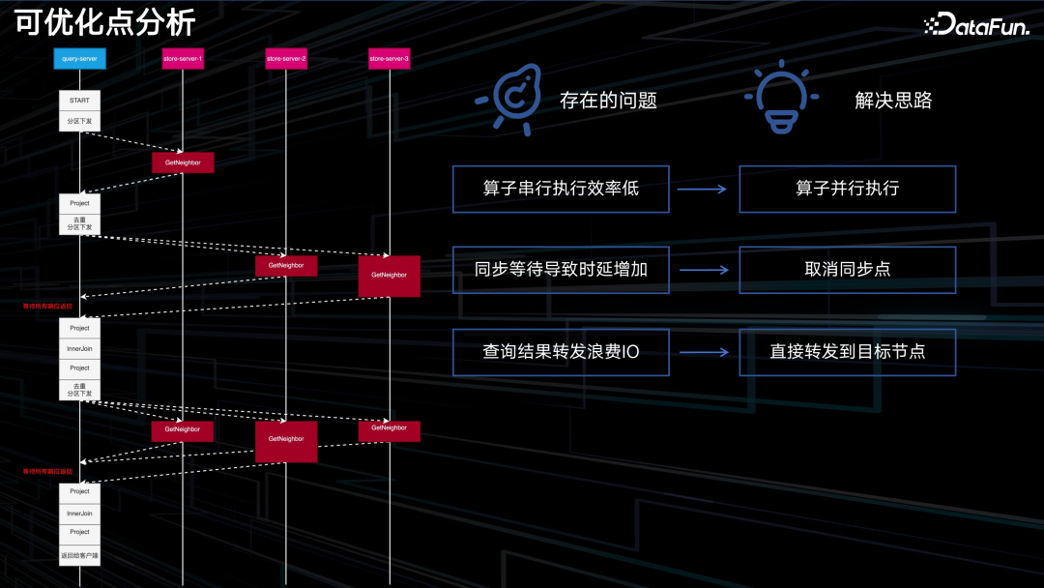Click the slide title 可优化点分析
point(105,21)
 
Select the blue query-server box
point(79,60)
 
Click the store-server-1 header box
point(183,60)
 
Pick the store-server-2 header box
point(286,60)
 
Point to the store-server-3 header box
point(390,60)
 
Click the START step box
point(79,101)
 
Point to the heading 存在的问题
point(608,101)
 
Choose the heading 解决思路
point(893,101)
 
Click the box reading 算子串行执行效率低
point(561,189)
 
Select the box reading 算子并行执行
point(847,189)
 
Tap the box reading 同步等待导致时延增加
point(561,270)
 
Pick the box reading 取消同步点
point(847,270)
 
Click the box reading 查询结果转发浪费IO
point(561,352)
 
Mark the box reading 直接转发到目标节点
point(847,352)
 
